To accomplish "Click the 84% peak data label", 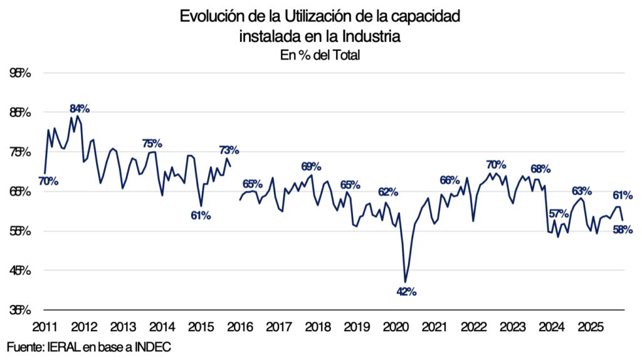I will (80, 109).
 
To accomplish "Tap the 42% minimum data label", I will (407, 291).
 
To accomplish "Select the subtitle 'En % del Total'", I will (320, 55).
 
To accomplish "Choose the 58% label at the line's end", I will (623, 230).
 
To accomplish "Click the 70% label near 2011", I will (48, 181).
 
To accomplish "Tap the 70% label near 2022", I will (497, 164).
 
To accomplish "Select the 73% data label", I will (229, 150).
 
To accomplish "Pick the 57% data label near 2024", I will (559, 213).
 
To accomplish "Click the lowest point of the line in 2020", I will (406, 282).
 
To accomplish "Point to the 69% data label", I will (311, 166).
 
